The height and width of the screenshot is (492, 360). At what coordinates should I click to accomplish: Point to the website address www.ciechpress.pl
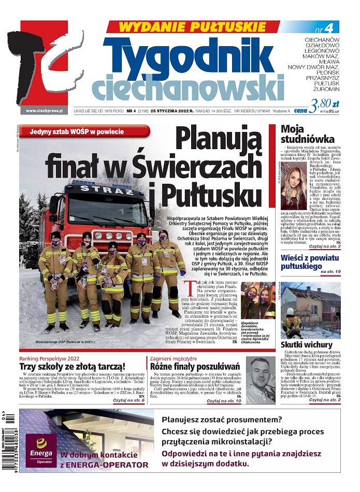[x=44, y=110]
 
